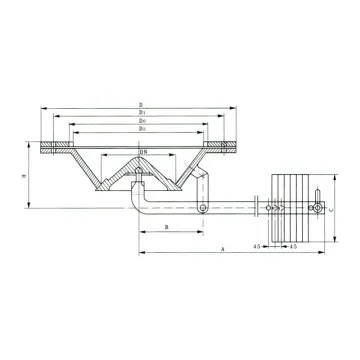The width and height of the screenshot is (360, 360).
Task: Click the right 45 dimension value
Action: point(291,244)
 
